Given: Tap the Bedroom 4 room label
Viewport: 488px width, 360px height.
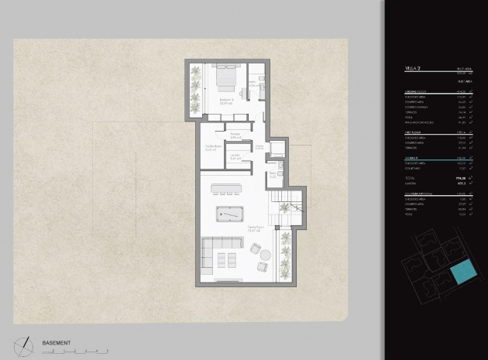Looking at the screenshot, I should (227, 101).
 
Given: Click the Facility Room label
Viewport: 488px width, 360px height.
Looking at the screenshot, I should (214, 148).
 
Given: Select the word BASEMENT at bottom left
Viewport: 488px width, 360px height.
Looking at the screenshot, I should (57, 342).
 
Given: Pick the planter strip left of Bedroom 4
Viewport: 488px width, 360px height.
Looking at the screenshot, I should (194, 89).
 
